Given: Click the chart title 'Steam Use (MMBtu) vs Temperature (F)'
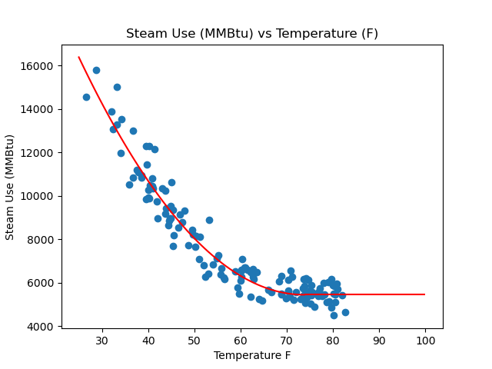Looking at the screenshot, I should (x=252, y=34).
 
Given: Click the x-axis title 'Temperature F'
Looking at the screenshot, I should (x=252, y=355).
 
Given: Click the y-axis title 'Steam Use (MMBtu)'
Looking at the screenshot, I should (x=11, y=187).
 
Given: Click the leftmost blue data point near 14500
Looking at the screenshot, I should (x=86, y=97).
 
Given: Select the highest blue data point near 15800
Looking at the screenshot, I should (x=96, y=70).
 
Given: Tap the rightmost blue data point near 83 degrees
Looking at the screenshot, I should (x=345, y=312).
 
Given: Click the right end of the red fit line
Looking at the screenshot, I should (x=424, y=294).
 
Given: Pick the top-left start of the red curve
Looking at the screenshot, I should (x=79, y=57).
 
